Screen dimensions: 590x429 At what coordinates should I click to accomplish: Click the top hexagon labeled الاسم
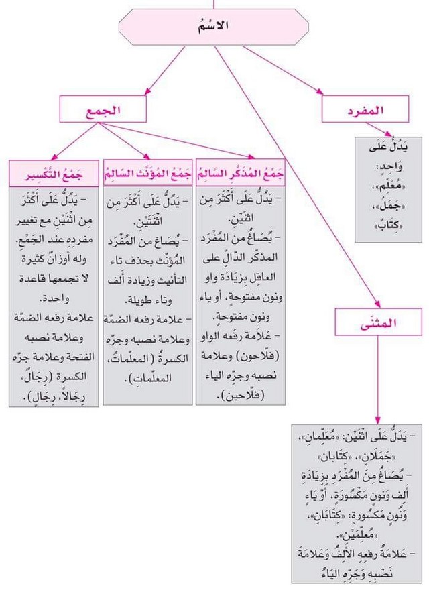click(214, 27)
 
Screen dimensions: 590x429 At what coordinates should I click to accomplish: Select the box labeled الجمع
click(102, 109)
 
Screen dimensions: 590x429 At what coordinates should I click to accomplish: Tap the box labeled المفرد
click(365, 109)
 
